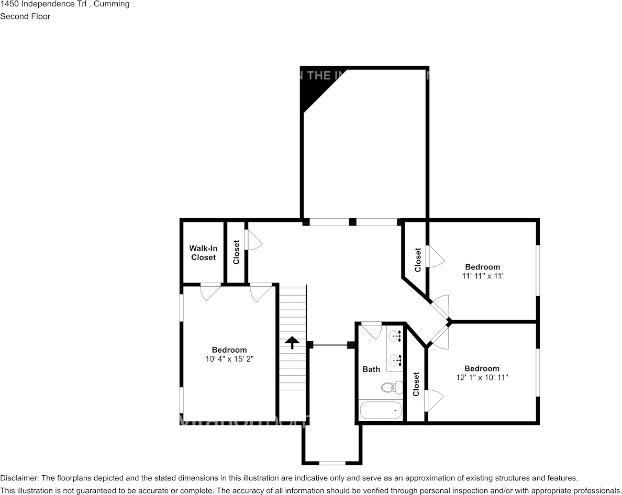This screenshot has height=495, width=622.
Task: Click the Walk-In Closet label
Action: (203, 253)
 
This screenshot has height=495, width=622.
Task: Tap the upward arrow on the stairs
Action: (292, 343)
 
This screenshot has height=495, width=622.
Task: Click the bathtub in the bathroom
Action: (381, 410)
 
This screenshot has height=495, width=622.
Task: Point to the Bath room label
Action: (371, 369)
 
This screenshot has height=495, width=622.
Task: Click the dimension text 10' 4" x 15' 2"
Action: (229, 359)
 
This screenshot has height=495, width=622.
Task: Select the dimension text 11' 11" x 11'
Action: (482, 276)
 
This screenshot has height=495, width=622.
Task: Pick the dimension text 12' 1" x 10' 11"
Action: (482, 377)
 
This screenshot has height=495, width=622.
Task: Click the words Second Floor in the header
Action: (25, 16)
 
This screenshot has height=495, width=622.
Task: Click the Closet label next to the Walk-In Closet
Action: (236, 252)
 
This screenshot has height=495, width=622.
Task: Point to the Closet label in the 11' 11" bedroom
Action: (418, 260)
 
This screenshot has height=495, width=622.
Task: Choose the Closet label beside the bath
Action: (416, 384)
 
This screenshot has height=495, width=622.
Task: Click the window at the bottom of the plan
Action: (332, 463)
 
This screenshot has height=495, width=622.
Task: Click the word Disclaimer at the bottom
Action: (19, 478)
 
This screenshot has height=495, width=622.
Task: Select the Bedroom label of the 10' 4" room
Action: (229, 350)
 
